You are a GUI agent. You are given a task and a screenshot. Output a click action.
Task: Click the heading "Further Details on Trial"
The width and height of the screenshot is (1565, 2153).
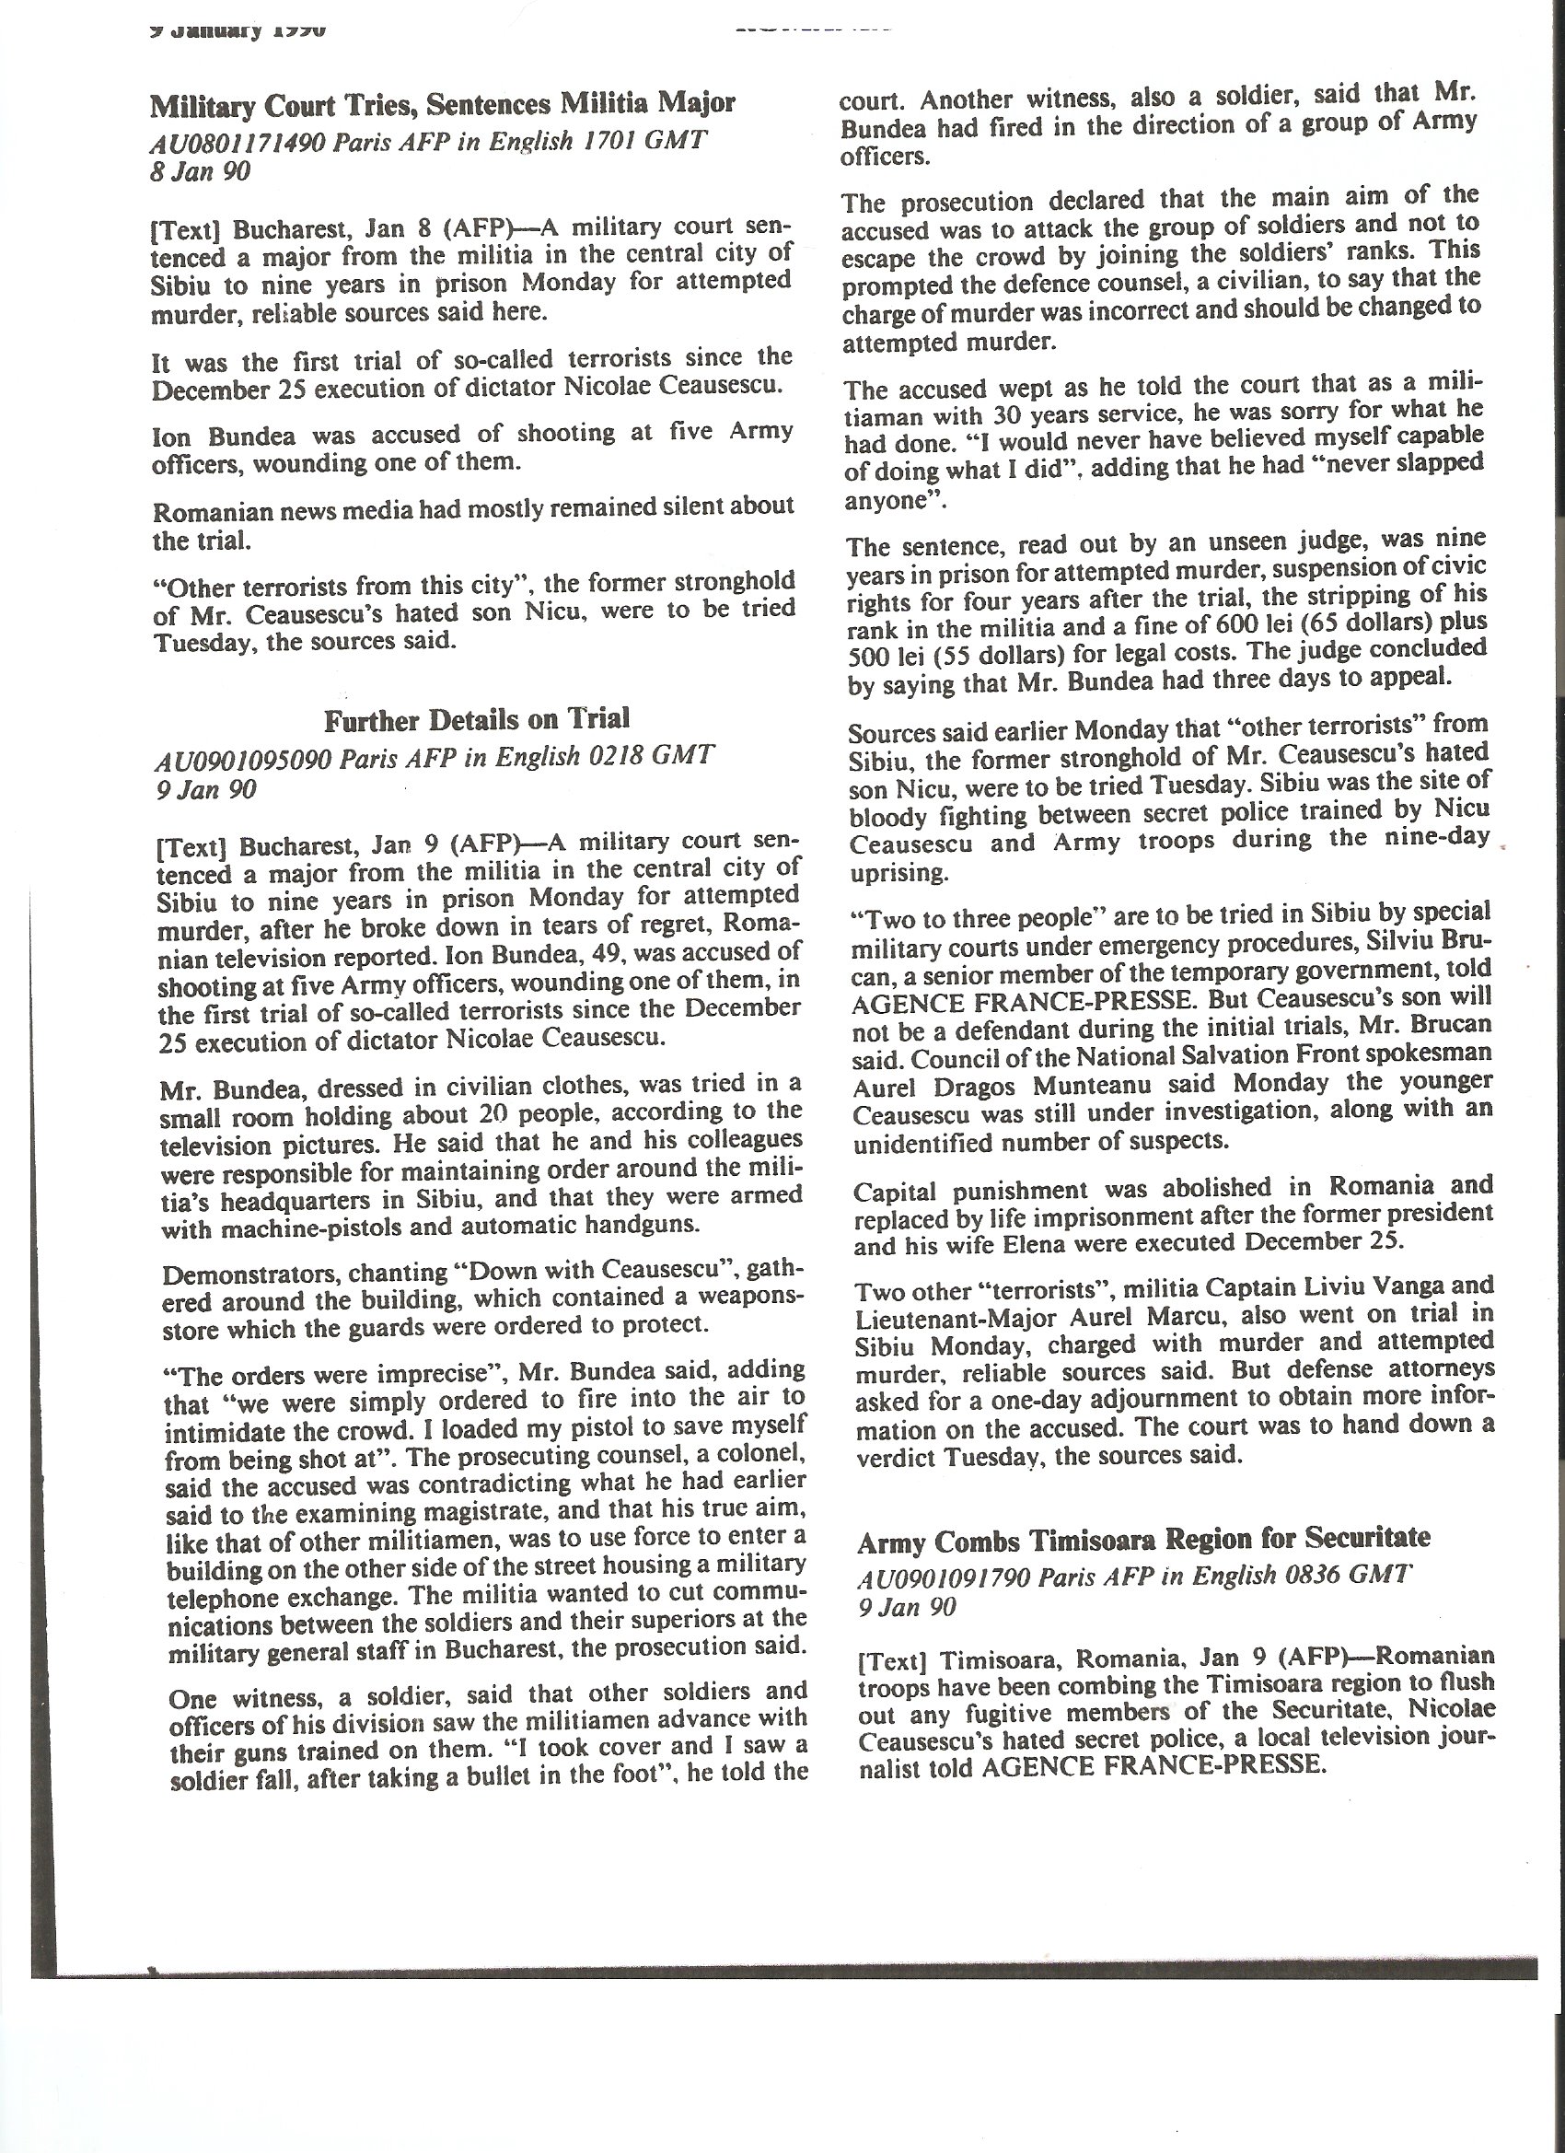[477, 719]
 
